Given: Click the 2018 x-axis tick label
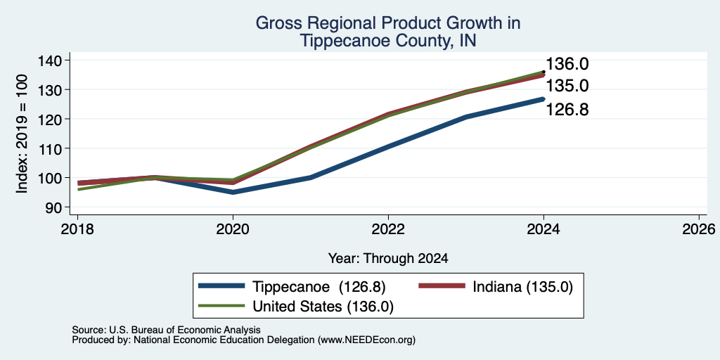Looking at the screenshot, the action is tap(77, 229).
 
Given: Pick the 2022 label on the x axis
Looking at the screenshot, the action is tap(388, 229).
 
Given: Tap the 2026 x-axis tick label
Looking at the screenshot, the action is tap(699, 229).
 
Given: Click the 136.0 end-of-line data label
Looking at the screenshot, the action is tap(567, 64).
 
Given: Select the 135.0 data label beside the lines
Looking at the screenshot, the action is tap(567, 86).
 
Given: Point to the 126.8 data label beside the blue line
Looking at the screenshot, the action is tap(567, 110).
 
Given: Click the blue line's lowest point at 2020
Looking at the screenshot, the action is tap(233, 193).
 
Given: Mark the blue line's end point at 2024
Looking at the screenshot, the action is tap(544, 98).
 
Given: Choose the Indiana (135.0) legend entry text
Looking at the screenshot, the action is tap(522, 287).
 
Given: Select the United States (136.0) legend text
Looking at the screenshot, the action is tap(323, 307).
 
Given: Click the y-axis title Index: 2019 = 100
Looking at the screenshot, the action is tap(22, 134).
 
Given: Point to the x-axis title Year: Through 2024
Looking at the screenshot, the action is tap(388, 259).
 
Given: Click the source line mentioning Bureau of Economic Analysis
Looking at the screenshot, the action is tap(166, 330).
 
